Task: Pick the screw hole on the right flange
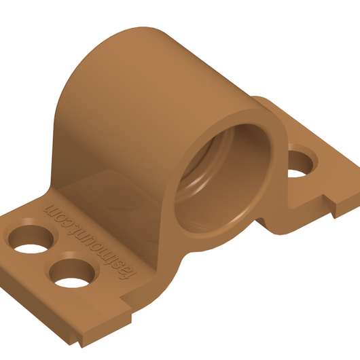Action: pyautogui.click(x=301, y=163)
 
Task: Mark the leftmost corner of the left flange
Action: pyautogui.click(x=2, y=221)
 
